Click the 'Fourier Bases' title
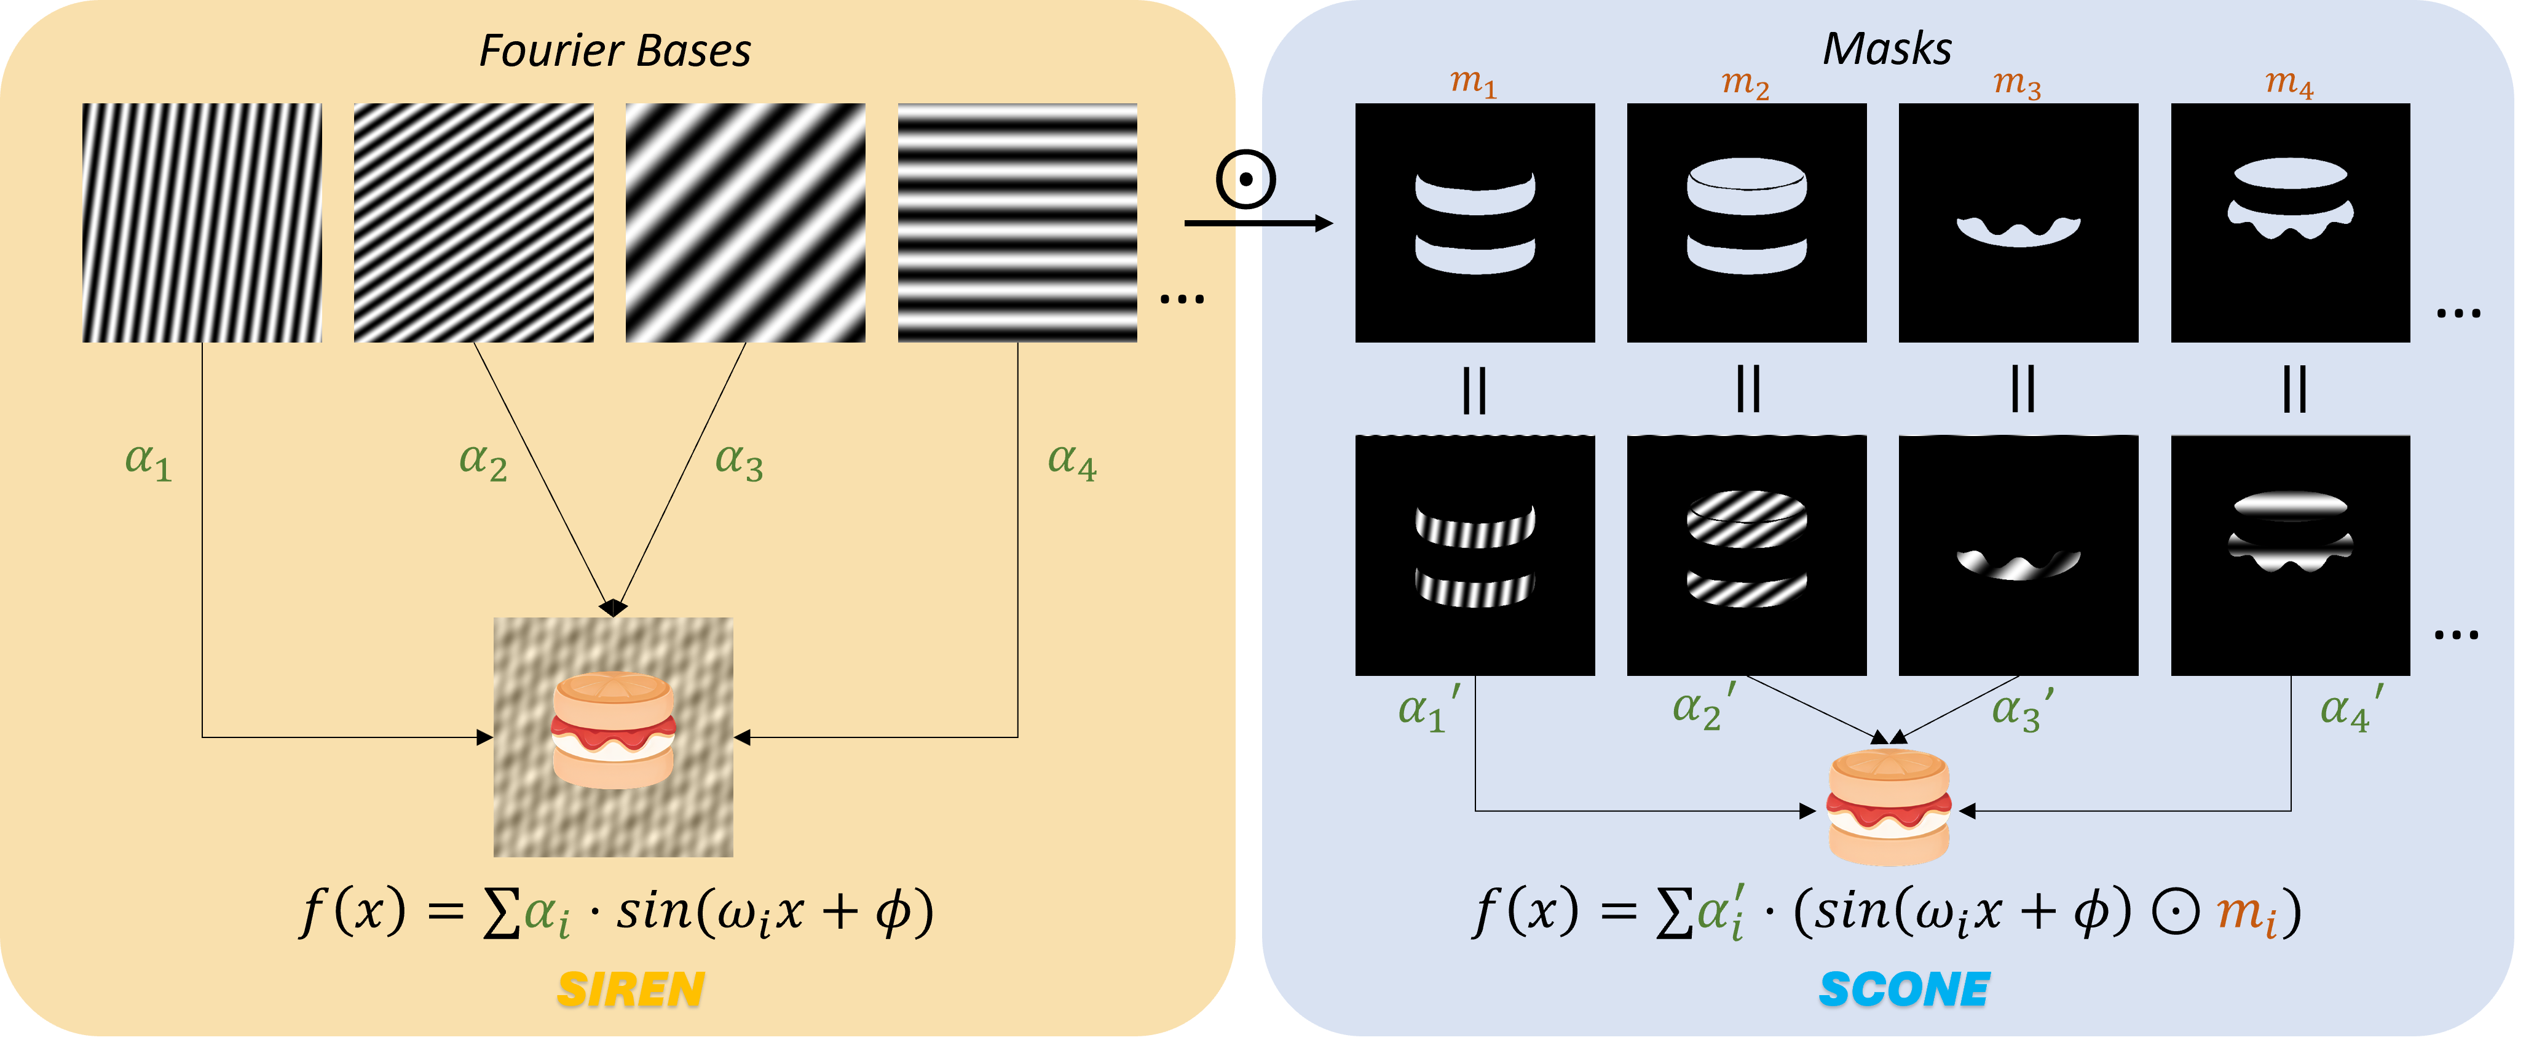615,51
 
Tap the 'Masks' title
1887,49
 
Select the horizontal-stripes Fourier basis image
1017,223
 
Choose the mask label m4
2289,82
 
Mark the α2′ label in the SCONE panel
1703,709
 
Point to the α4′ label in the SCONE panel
2351,709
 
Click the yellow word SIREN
631,989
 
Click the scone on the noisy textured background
614,730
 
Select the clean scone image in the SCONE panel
1888,807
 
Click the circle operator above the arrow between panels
1245,179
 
